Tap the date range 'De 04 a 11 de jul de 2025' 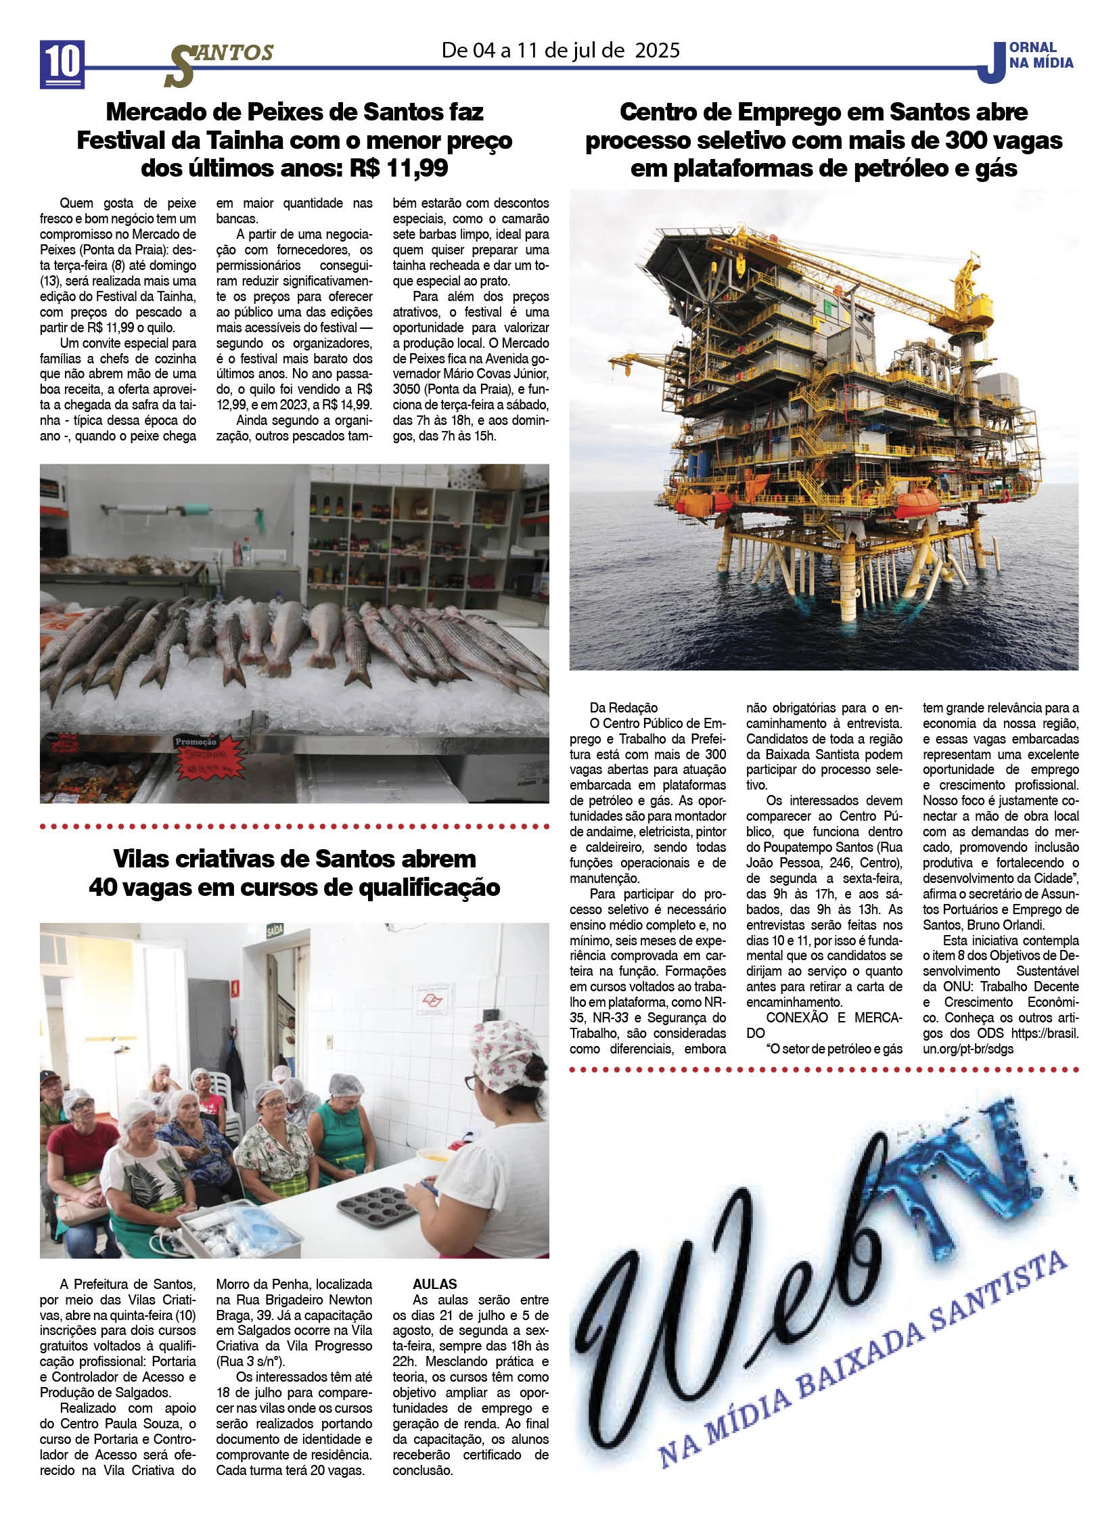[560, 51]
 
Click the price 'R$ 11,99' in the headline [398, 168]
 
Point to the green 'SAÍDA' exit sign [273, 930]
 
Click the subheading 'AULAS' [434, 1284]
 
